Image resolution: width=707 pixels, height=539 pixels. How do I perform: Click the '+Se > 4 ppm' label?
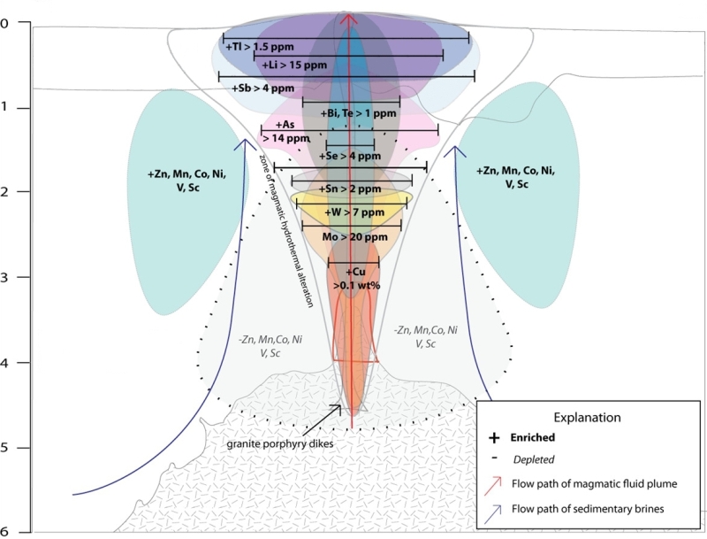click(x=349, y=156)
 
